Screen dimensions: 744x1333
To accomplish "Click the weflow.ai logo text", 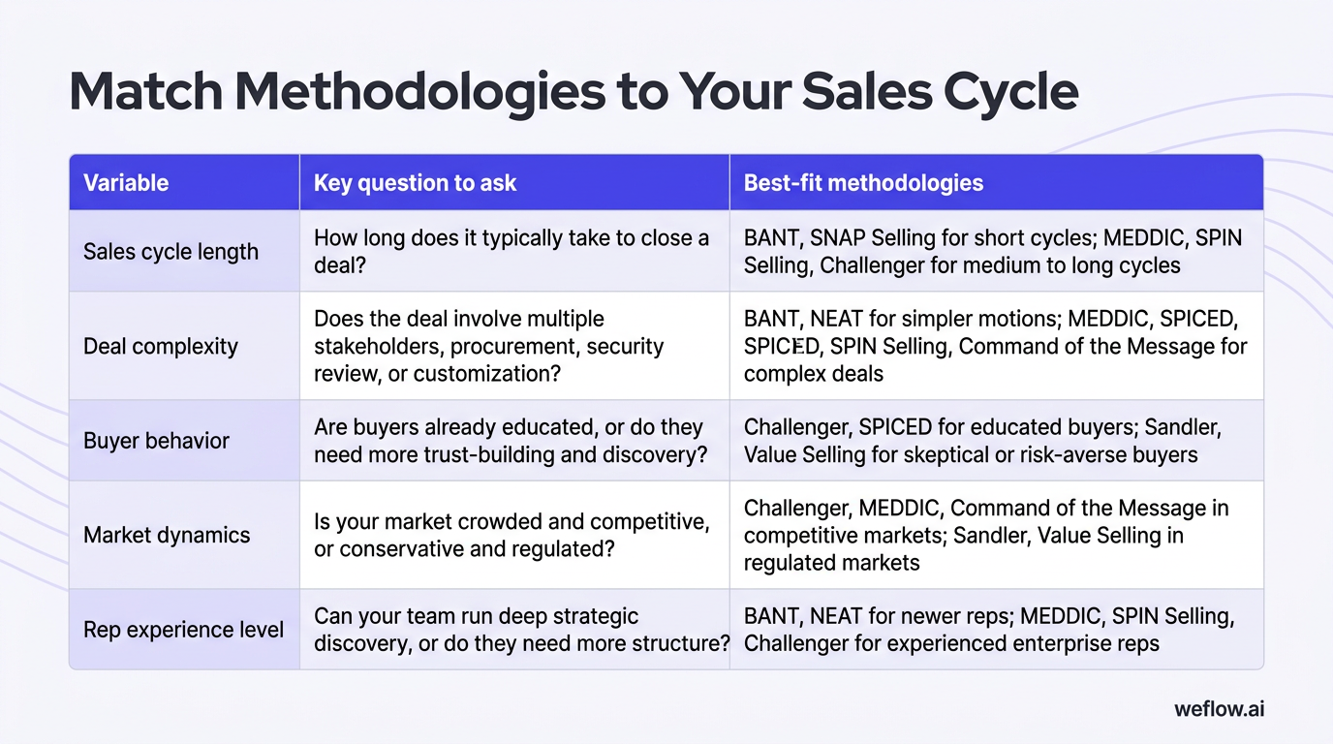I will tap(1219, 708).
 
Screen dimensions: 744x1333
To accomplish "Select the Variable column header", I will tap(126, 183).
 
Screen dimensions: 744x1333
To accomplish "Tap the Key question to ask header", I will tap(415, 183).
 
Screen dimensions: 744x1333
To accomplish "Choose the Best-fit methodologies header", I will tap(863, 183).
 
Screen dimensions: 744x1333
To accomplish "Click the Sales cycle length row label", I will tap(170, 252).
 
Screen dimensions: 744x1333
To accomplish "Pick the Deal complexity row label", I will tap(161, 347).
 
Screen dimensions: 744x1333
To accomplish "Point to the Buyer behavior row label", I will tap(156, 441).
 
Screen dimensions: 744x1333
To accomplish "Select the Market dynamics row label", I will tap(167, 535).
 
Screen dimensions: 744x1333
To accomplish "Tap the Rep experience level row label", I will tap(183, 630).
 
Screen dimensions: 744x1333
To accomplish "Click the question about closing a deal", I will tap(511, 251).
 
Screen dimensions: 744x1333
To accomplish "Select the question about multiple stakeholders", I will tap(488, 346).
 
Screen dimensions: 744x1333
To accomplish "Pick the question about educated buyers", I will tap(511, 440).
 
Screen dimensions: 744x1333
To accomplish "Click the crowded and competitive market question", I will tap(511, 535).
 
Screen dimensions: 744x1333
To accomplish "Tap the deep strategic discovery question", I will tap(521, 629).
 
